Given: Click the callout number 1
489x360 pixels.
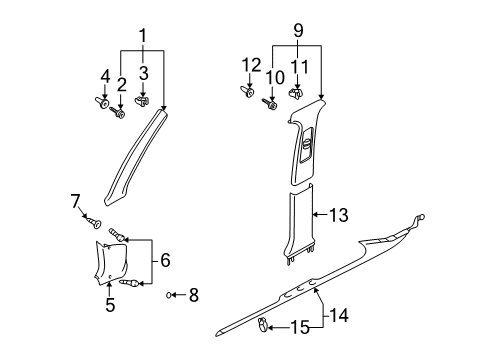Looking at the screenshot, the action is [x=143, y=36].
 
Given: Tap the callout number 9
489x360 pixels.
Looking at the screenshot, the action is [x=298, y=31].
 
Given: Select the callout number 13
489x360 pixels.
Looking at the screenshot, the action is [x=339, y=215].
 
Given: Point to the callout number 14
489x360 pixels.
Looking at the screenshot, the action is [x=339, y=315].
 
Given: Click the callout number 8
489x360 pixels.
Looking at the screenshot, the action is [x=194, y=295].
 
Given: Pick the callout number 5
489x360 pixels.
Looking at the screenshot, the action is [x=110, y=305].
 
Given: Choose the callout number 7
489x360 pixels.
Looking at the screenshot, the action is [x=75, y=201].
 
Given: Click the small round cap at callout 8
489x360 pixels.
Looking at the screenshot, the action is [x=169, y=295].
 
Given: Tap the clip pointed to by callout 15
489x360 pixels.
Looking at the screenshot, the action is [x=262, y=325].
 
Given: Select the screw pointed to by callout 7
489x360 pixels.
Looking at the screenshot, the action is [x=94, y=223].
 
